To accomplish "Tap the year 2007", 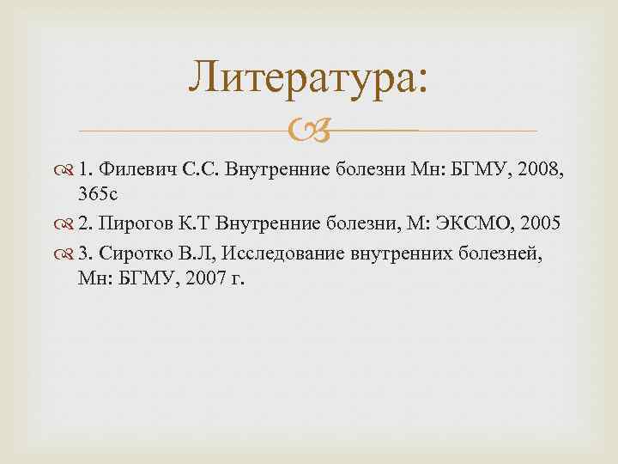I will (203, 279).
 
